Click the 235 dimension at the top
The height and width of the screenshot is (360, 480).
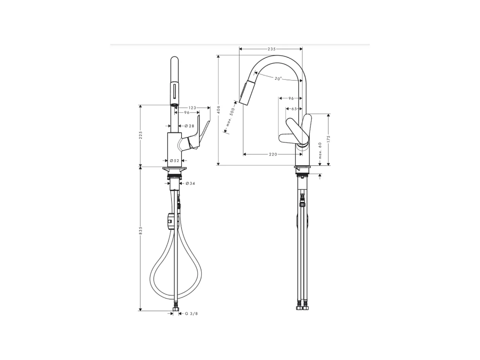point(271,49)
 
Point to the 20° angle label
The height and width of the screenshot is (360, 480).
point(278,78)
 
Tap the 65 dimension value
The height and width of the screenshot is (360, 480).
point(294,109)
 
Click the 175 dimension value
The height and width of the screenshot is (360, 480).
point(329,139)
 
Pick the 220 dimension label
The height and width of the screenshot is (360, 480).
point(273,154)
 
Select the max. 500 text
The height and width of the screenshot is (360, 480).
point(230,116)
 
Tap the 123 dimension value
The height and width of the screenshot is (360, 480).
point(192,107)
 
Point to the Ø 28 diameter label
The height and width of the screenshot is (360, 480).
point(189,126)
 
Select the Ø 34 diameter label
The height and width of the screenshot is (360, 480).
point(190,183)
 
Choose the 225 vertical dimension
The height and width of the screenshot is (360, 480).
point(141,135)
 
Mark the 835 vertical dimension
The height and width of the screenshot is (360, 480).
point(141,231)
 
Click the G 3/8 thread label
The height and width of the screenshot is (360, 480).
point(191,313)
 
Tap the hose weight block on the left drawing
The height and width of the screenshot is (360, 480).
point(170,221)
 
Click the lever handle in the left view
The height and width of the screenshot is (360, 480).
point(201,133)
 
